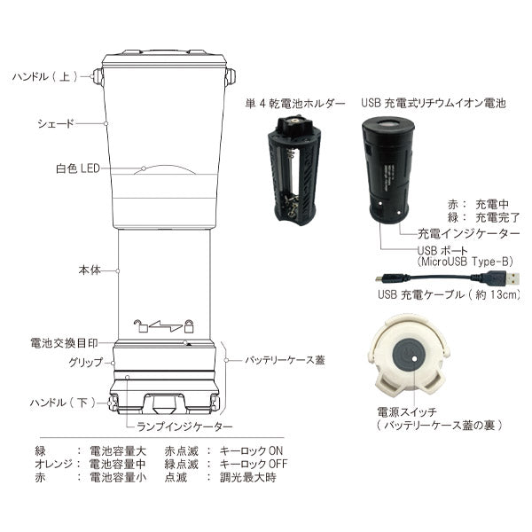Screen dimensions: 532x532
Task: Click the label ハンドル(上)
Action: point(45,77)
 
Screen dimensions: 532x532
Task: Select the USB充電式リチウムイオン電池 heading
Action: point(433,104)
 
